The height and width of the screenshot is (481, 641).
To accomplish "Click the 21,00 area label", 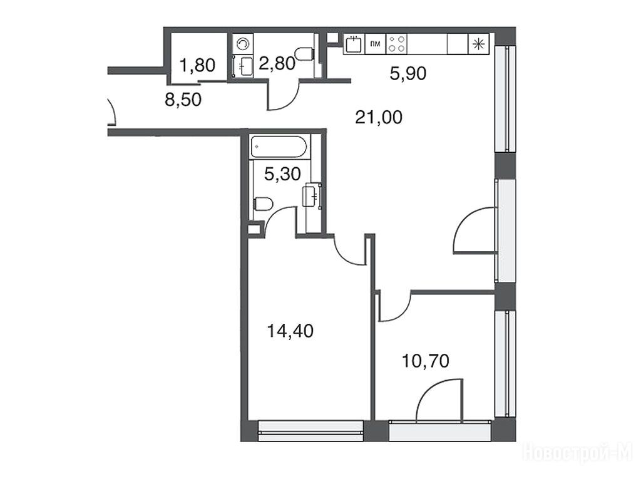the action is point(379,118).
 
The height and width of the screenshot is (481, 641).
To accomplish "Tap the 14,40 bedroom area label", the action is point(290,331).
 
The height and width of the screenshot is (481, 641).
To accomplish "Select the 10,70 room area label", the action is point(426,361).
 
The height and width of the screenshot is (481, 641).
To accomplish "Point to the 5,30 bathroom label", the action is point(282,174).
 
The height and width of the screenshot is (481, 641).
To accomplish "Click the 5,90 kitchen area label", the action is point(408,74).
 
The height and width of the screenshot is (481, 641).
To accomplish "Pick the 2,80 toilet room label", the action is point(277,64).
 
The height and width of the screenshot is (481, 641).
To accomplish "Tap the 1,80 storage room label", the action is point(198,65).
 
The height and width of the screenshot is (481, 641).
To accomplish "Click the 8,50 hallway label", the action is point(183,100).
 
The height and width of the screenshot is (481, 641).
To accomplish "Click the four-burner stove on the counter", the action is point(396,44).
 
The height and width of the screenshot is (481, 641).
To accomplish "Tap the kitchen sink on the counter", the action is point(353,44).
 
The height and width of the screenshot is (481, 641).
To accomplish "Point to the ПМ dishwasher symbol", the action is point(375,44).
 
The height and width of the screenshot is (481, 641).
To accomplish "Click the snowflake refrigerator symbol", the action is point(478,44).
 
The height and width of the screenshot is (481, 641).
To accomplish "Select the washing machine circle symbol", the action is point(243,44).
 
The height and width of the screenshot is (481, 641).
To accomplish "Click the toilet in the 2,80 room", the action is point(305,54).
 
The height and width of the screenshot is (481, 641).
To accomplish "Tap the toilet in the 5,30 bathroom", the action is point(264,204).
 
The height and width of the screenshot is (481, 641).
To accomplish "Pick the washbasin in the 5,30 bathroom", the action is point(312,196).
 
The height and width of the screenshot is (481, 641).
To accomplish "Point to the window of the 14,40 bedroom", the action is point(311,430).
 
